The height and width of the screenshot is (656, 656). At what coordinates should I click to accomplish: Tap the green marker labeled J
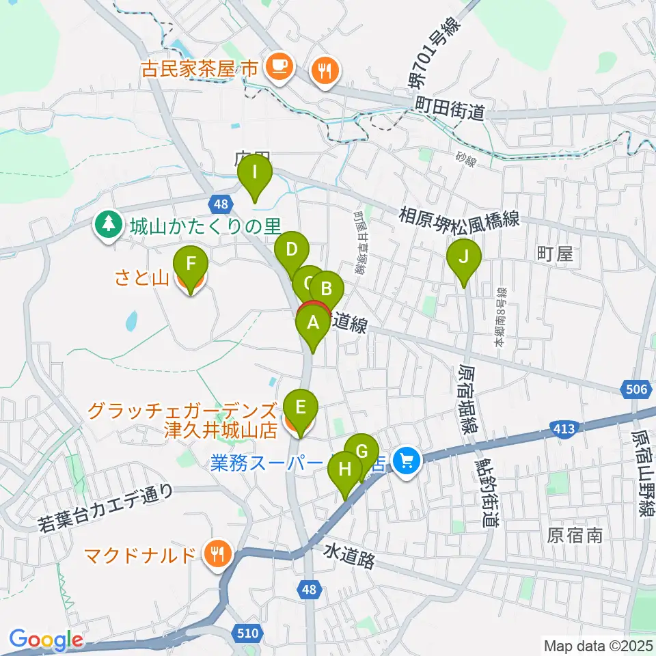click(x=464, y=258)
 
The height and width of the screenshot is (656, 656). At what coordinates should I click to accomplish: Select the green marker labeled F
click(x=191, y=263)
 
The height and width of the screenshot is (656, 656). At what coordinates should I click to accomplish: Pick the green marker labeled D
click(x=292, y=249)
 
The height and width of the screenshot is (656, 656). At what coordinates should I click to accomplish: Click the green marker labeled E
click(x=300, y=406)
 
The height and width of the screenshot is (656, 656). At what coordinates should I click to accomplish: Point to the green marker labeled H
click(x=346, y=470)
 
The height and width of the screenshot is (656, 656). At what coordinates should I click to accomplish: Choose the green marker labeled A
click(x=314, y=323)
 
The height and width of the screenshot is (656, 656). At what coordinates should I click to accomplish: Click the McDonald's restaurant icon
click(x=217, y=553)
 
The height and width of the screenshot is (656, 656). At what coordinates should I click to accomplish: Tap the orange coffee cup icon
click(x=279, y=66)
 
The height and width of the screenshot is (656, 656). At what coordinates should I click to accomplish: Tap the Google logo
click(x=46, y=640)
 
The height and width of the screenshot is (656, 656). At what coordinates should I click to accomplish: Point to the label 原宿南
click(x=575, y=535)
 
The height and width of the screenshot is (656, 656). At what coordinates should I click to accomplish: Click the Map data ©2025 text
click(x=597, y=645)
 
